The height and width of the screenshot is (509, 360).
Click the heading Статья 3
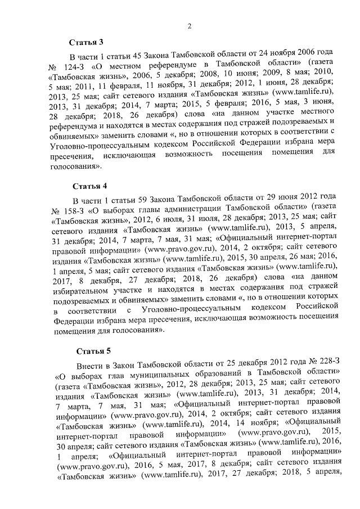(86, 42)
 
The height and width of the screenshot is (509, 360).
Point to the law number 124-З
(84, 67)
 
